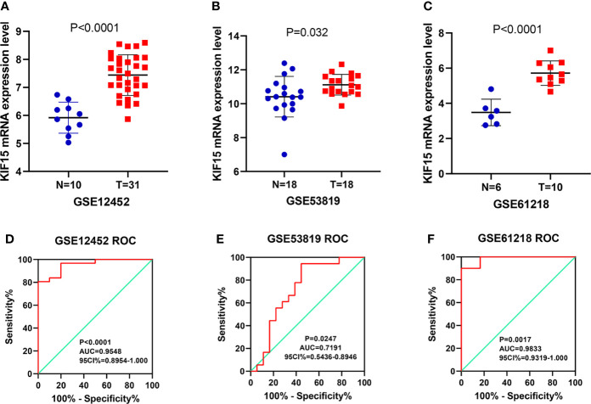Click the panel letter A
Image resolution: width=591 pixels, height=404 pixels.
coord(6,7)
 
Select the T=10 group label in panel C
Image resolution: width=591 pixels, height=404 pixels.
coord(531,182)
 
